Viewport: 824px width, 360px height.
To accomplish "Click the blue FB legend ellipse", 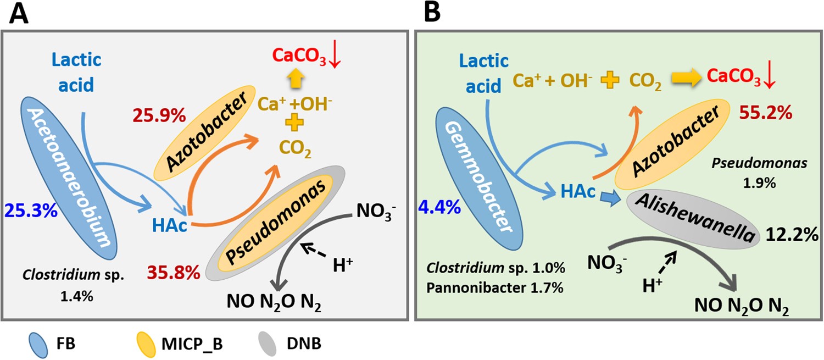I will [x=39, y=345].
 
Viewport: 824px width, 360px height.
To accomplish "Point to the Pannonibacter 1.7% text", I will [x=494, y=287].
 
